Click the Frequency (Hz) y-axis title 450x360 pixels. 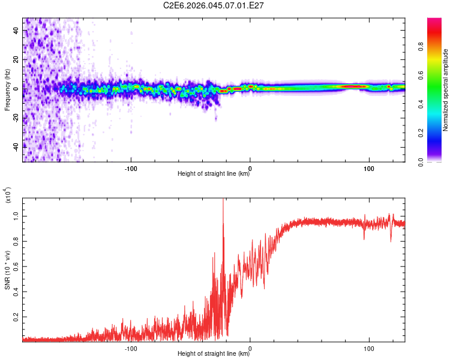pyautogui.click(x=7, y=90)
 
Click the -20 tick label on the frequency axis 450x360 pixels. pyautogui.click(x=14, y=118)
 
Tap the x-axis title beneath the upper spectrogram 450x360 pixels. pyautogui.click(x=214, y=174)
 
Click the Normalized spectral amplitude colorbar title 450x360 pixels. pyautogui.click(x=446, y=90)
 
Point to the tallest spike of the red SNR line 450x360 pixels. pyautogui.click(x=223, y=201)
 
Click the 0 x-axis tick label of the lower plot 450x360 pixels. pyautogui.click(x=250, y=347)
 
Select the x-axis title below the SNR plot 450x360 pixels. pyautogui.click(x=214, y=354)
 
